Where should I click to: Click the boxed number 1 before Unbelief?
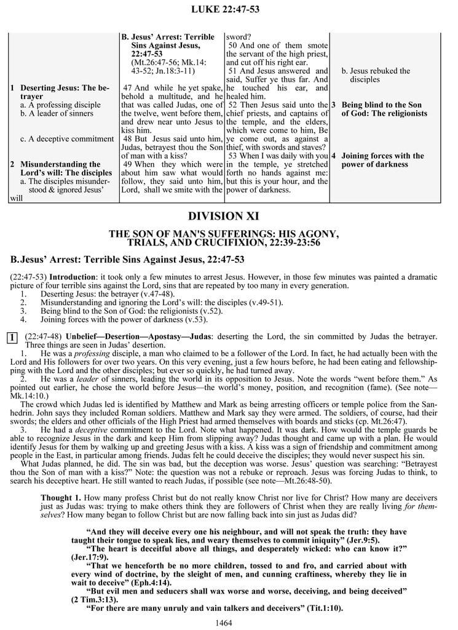point(13,337)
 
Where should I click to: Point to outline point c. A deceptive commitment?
point(65,139)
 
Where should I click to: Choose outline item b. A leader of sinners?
point(57,113)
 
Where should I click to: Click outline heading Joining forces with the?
point(382,156)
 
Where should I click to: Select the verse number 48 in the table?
point(128,139)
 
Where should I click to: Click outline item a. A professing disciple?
point(60,105)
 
